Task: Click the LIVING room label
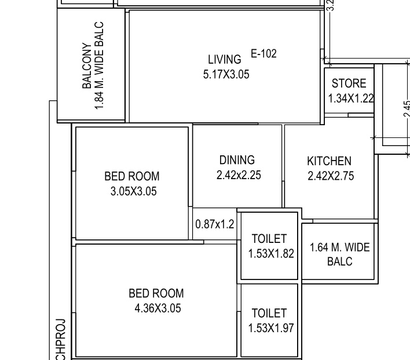click(x=225, y=60)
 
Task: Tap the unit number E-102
click(x=263, y=54)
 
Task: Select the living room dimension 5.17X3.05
click(x=226, y=74)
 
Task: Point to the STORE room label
click(x=349, y=83)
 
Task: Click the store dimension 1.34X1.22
click(x=351, y=99)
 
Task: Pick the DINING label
click(x=237, y=160)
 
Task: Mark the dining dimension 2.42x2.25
click(x=238, y=174)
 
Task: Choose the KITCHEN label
click(x=329, y=161)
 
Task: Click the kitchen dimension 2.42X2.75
click(x=331, y=176)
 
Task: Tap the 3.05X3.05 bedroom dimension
click(x=133, y=191)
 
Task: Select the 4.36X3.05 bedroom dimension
click(x=158, y=308)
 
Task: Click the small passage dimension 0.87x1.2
click(x=215, y=224)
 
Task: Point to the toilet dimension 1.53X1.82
click(x=271, y=254)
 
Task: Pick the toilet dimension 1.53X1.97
click(x=271, y=328)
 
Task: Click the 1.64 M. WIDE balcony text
click(x=339, y=248)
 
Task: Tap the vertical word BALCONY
click(x=87, y=65)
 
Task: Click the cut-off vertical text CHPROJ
click(x=61, y=339)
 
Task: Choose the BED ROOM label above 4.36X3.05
click(x=156, y=294)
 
